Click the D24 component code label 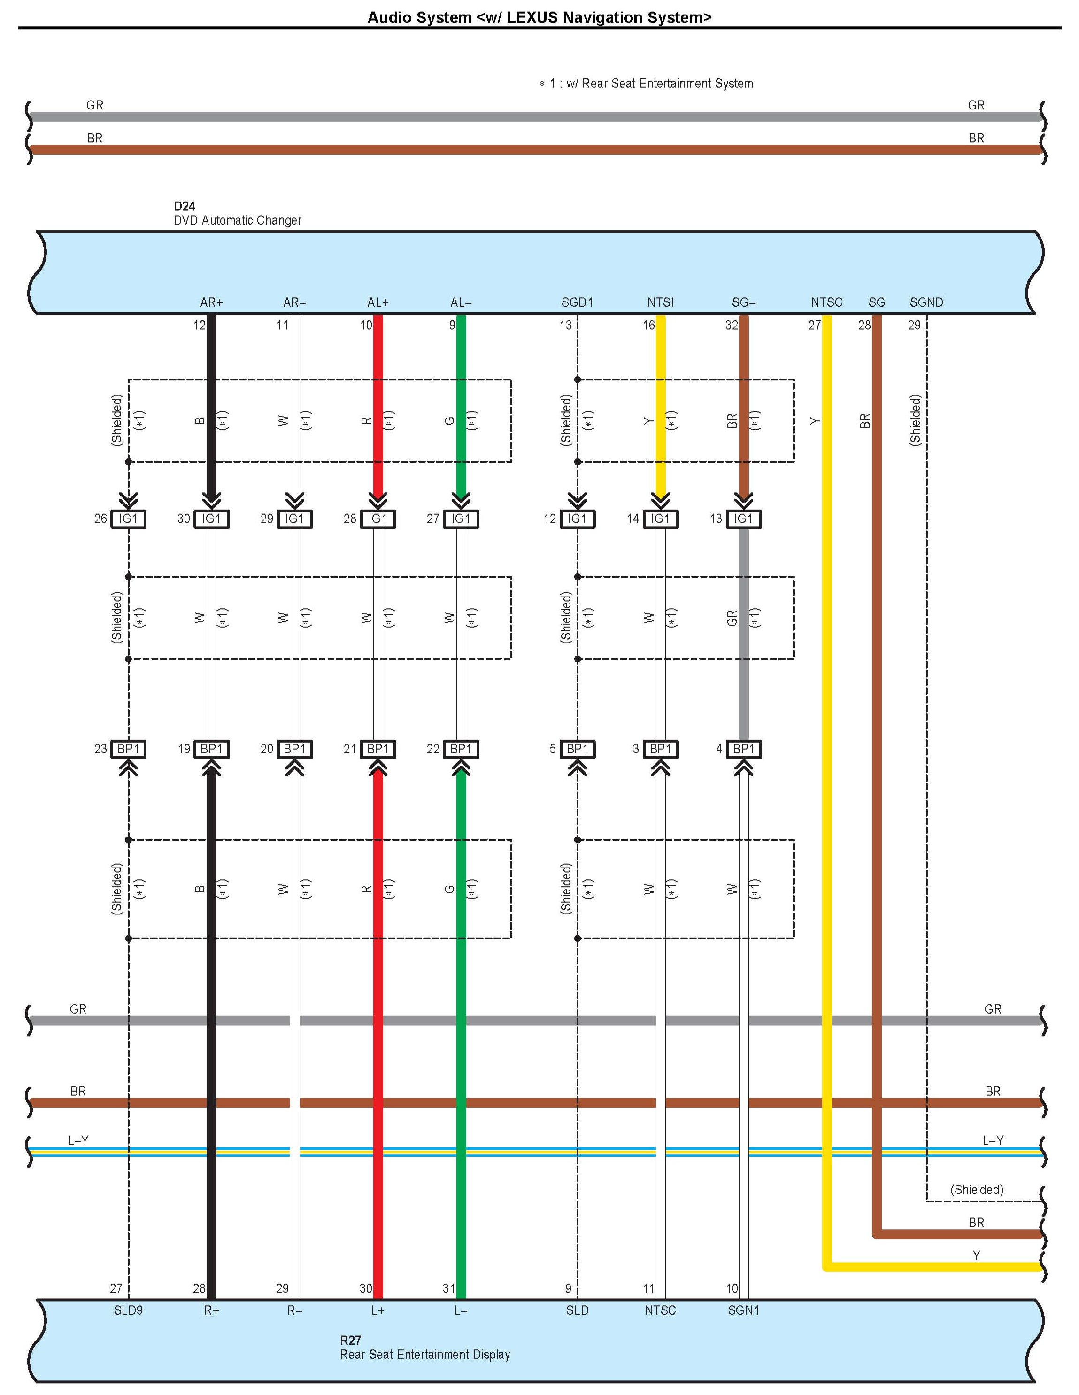184,206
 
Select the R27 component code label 351,1340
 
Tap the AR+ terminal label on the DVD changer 211,302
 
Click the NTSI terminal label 660,302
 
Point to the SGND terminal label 926,302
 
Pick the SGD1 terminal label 577,302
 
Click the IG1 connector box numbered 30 211,519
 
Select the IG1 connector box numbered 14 660,519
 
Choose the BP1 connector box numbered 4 743,749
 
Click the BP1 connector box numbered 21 378,749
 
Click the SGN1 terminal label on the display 743,1310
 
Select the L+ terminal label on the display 378,1310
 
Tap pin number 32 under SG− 731,325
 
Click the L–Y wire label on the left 78,1140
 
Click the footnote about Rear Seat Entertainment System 646,84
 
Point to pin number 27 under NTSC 814,325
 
